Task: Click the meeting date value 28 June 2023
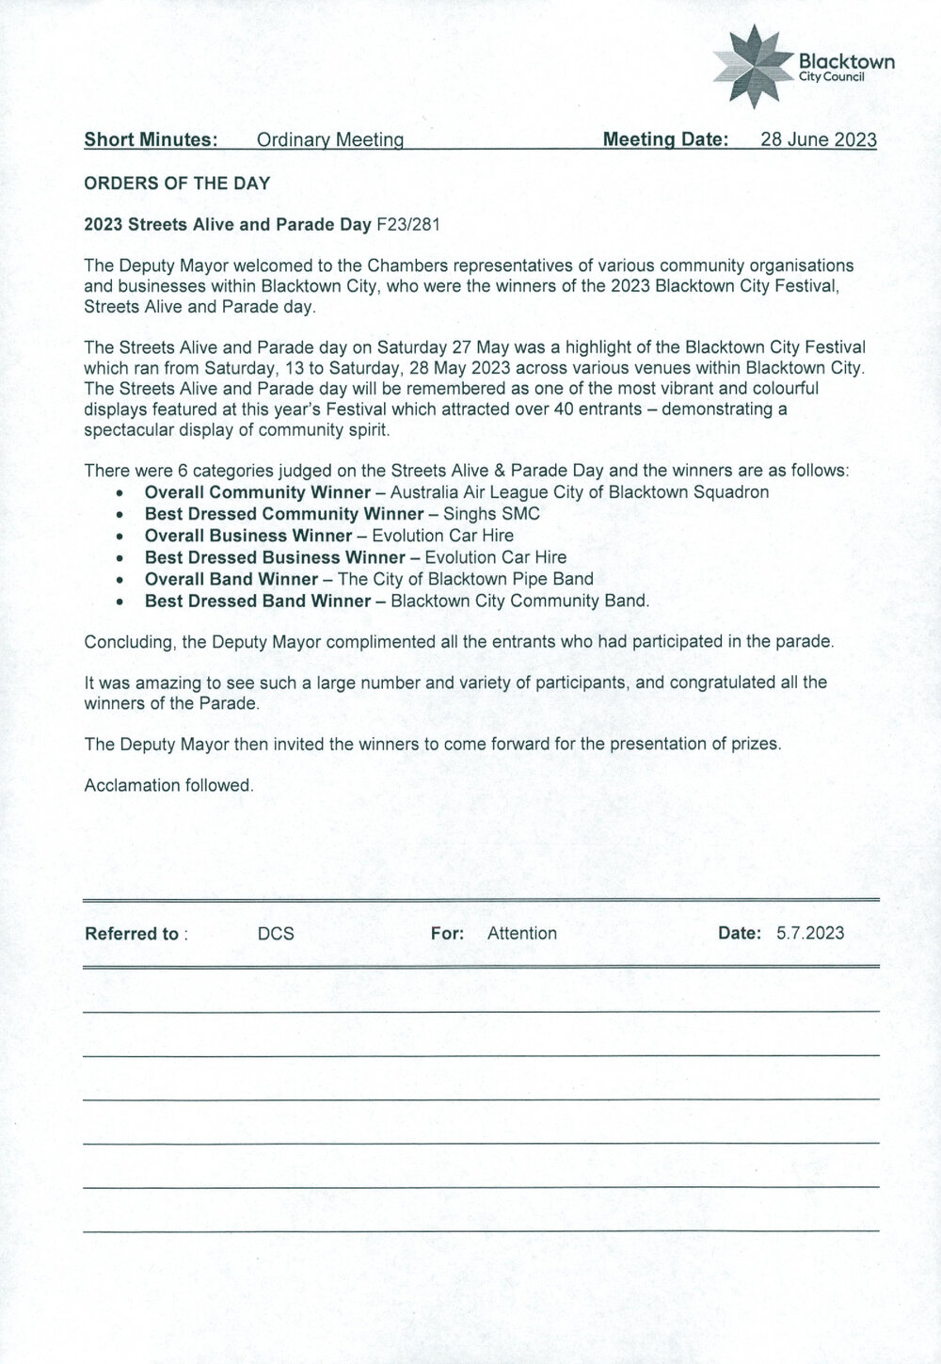click(818, 140)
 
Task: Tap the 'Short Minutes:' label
click(152, 140)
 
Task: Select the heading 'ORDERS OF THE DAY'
click(177, 184)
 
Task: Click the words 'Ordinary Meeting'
click(329, 140)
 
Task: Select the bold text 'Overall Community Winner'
click(257, 492)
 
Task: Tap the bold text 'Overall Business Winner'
click(247, 536)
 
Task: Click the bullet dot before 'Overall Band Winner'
click(120, 580)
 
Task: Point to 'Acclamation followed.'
click(169, 784)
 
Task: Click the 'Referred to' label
click(133, 934)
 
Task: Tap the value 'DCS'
click(276, 934)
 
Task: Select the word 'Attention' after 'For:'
click(522, 934)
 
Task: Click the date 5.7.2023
click(810, 934)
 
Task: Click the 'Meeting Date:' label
click(665, 140)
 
